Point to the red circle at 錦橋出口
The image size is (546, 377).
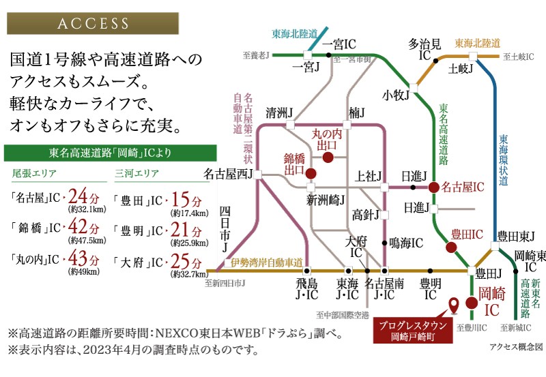tap(311, 173)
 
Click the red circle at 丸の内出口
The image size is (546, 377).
tap(328, 157)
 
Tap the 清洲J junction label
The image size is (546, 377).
tap(279, 112)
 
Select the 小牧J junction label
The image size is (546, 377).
tap(395, 94)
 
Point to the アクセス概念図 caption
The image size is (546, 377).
tap(515, 346)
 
